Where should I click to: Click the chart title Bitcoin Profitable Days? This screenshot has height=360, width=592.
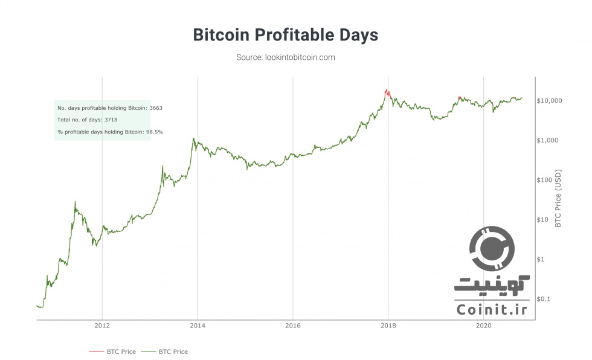pos(285,35)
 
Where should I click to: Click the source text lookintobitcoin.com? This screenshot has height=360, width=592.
pos(285,57)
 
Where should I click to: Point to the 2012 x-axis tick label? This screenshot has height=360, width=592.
pos(102,326)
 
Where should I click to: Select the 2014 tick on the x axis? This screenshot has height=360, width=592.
pos(197,326)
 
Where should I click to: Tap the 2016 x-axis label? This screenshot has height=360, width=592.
pos(292,326)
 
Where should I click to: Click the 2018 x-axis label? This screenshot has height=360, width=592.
pos(388,326)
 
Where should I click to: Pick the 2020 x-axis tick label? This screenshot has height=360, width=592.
pos(483,326)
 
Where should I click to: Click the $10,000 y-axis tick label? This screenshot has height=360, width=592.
pos(549,100)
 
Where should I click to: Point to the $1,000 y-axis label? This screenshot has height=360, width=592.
pos(547,140)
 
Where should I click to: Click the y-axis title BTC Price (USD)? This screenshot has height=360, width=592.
pos(558,197)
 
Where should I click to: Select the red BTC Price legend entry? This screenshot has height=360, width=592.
pos(112,352)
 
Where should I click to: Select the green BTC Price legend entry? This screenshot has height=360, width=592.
pos(172,352)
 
